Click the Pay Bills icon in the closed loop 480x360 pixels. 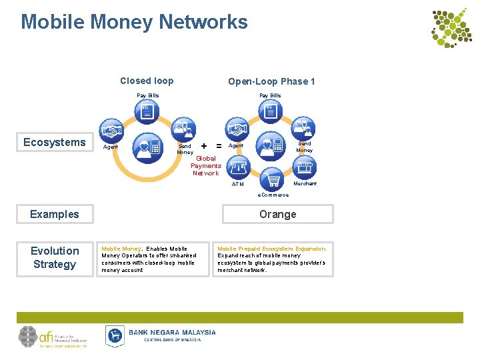pos(147,111)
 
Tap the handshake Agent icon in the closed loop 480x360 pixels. pos(111,130)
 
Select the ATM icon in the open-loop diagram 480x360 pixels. pos(239,166)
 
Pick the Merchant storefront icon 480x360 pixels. pos(304,167)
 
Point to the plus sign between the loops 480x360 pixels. pos(203,145)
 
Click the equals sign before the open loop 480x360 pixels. pos(219,145)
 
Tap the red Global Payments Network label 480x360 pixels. pos(205,166)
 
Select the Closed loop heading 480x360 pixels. pos(147,81)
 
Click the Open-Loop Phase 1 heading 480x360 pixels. pos(271,81)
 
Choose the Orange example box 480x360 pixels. pos(277,214)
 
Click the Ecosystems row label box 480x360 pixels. pos(55,142)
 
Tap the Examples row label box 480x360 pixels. pos(55,214)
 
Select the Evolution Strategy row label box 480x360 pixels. pos(55,257)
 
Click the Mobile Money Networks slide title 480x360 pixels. pos(134,22)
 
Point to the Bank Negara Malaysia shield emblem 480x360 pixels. pos(115,335)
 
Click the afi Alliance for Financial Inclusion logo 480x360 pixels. pos(53,337)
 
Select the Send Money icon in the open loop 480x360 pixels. pos(305,127)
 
